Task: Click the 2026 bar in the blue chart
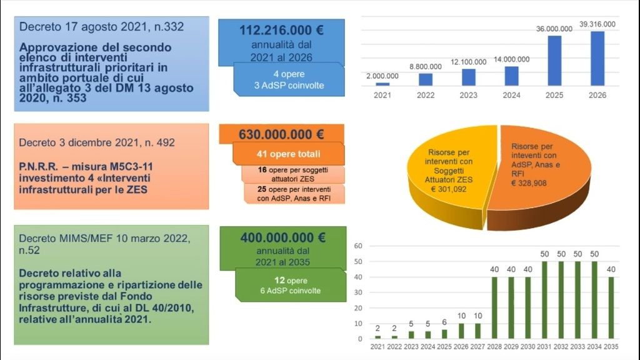coord(597,58)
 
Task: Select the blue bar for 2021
coord(382,84)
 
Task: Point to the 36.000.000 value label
coord(554,28)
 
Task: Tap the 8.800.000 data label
coord(426,66)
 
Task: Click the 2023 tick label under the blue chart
coord(469,95)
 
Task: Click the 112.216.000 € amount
coord(282,31)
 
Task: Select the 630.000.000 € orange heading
coord(282,134)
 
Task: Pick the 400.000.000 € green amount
coord(283,237)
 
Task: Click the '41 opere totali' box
coord(288,154)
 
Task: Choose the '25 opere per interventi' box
coord(294,193)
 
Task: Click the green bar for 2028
coord(494,307)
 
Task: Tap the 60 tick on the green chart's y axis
coord(359,246)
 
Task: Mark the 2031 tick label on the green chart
coord(544,347)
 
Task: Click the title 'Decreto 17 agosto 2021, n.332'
coord(102,27)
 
